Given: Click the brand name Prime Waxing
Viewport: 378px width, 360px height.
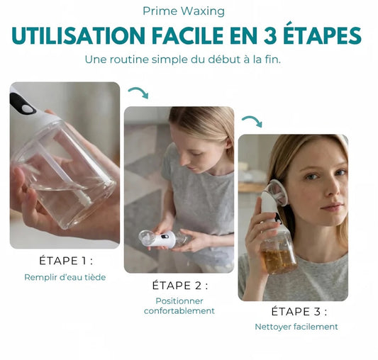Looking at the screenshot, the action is click(x=184, y=11).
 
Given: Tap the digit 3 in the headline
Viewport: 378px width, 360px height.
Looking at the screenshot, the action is click(x=270, y=36).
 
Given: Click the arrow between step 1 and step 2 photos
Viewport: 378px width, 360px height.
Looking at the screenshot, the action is click(x=138, y=93).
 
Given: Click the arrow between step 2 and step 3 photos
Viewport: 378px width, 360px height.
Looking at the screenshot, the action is click(x=252, y=121).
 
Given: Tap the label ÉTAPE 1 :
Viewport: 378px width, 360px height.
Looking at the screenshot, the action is click(x=66, y=260).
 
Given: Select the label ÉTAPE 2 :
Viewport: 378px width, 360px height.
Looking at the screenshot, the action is click(x=180, y=285).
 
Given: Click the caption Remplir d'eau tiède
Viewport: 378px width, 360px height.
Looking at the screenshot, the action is click(x=65, y=277).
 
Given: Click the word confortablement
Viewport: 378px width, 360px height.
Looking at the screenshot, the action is click(x=179, y=311).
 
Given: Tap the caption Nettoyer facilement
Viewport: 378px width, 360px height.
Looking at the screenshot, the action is click(x=296, y=327).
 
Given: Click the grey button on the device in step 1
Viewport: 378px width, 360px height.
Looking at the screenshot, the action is click(x=27, y=109).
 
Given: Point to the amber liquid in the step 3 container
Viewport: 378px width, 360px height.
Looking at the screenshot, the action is click(x=279, y=261).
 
